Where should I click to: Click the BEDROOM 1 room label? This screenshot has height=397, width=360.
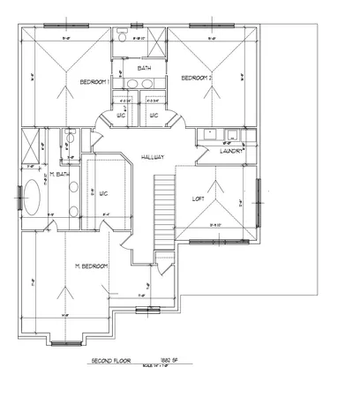(x=94, y=81)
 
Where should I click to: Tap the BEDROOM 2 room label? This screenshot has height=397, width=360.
(x=196, y=79)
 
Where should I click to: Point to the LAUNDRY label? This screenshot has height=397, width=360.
(x=232, y=151)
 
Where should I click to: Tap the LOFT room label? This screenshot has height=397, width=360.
(x=199, y=199)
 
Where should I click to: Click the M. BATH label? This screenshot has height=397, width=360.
(x=59, y=176)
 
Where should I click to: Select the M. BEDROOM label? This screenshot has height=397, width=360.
(x=91, y=266)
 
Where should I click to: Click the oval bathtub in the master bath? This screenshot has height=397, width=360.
(x=34, y=197)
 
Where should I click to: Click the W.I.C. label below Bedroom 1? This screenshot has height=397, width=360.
(x=122, y=115)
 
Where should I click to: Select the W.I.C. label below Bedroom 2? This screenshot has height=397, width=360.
(x=154, y=115)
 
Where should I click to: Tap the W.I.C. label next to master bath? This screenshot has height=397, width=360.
(x=103, y=193)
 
